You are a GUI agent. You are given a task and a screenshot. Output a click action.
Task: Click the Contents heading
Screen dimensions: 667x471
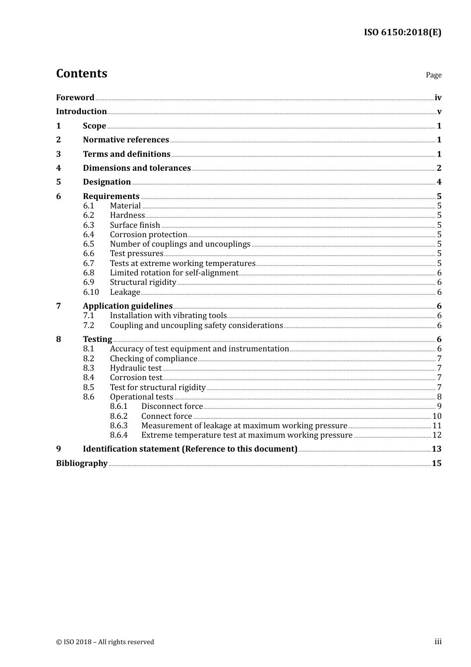[81, 73]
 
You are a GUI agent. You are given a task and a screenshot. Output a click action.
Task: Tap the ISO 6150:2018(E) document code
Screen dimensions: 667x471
[402, 32]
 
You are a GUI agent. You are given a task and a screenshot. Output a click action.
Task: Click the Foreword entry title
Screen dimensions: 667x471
[75, 98]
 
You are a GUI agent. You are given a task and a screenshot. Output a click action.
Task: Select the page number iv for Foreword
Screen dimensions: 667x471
[438, 98]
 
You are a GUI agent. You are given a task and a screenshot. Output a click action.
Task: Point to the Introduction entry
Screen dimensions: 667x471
[81, 112]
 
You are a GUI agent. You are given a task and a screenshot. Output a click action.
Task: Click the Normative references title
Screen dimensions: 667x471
[126, 140]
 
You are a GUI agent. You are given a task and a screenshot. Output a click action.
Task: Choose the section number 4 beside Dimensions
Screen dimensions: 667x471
[59, 168]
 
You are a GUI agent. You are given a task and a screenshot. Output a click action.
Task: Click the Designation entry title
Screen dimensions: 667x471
[107, 182]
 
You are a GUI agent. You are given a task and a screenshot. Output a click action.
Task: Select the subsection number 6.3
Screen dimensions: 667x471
[88, 225]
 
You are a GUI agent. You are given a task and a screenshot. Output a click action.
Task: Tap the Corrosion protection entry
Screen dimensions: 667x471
[148, 235]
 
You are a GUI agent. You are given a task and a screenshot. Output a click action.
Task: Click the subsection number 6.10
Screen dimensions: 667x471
[91, 292]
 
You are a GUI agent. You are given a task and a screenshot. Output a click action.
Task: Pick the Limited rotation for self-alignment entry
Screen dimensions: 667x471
[174, 273]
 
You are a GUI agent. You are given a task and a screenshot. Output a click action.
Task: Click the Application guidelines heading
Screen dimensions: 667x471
[127, 306]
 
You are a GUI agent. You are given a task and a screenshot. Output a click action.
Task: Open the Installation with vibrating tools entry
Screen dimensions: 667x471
[168, 316]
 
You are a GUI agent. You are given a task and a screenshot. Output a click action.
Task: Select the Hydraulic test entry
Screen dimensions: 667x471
[135, 368]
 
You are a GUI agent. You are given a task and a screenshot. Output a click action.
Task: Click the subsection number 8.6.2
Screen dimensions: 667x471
[118, 416]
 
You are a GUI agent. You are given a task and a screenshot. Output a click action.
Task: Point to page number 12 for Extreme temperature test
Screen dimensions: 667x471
[437, 435]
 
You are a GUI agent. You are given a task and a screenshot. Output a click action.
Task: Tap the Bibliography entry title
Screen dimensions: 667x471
[82, 464]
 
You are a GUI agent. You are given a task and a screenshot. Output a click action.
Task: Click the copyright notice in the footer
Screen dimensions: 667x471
[105, 642]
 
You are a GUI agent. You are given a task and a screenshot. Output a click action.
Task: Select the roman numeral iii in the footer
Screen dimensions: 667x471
[438, 642]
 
